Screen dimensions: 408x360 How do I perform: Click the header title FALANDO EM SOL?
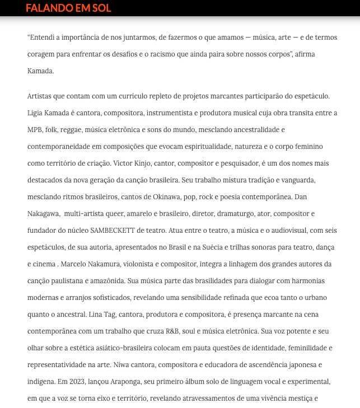(68, 8)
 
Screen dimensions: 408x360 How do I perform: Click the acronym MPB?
(35, 129)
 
